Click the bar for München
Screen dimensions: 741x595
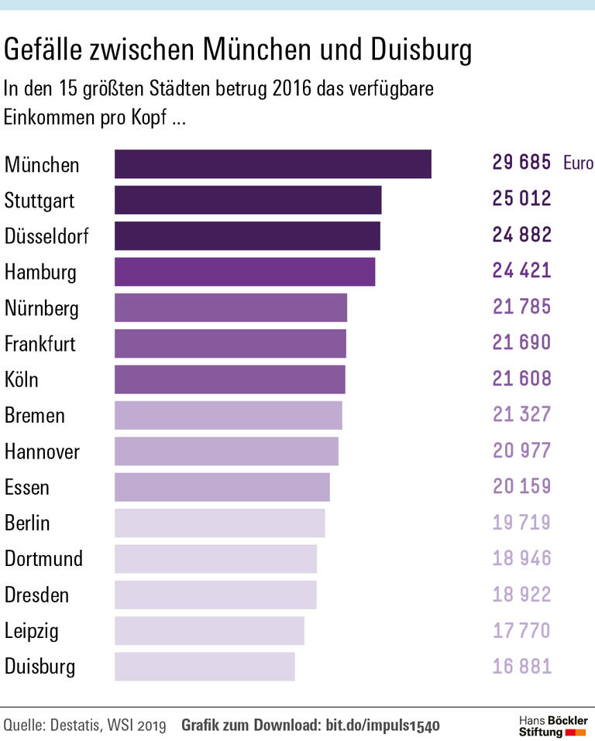click(273, 164)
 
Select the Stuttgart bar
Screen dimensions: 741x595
click(248, 200)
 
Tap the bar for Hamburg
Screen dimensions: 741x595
click(245, 272)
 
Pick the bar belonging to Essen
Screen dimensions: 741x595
click(222, 487)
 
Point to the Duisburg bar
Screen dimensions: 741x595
click(205, 667)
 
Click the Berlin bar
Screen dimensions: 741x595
click(219, 523)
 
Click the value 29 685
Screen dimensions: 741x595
click(521, 163)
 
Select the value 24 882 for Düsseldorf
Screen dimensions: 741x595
click(521, 235)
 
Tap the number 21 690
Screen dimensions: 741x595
click(521, 342)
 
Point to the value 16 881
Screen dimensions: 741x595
click(521, 666)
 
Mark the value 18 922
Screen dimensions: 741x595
click(521, 594)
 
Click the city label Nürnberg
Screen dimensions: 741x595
click(42, 308)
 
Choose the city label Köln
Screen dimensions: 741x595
click(22, 380)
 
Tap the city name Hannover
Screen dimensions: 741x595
click(42, 451)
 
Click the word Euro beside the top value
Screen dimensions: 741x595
click(578, 163)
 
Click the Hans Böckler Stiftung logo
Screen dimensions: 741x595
click(552, 726)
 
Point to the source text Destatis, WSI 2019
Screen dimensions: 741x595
click(108, 726)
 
